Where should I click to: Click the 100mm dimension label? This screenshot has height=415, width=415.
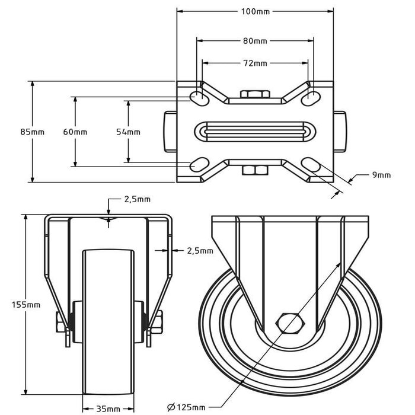255,11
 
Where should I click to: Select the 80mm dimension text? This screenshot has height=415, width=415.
255,41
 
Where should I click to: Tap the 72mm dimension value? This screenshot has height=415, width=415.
255,63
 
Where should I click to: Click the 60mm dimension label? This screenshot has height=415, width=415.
75,132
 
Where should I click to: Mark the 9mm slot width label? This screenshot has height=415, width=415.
381,174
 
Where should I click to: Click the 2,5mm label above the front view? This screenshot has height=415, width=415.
138,199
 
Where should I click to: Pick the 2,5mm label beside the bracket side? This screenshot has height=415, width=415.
200,251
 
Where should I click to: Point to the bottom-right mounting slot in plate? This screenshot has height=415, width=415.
312,163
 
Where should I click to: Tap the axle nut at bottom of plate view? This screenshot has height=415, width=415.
255,171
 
